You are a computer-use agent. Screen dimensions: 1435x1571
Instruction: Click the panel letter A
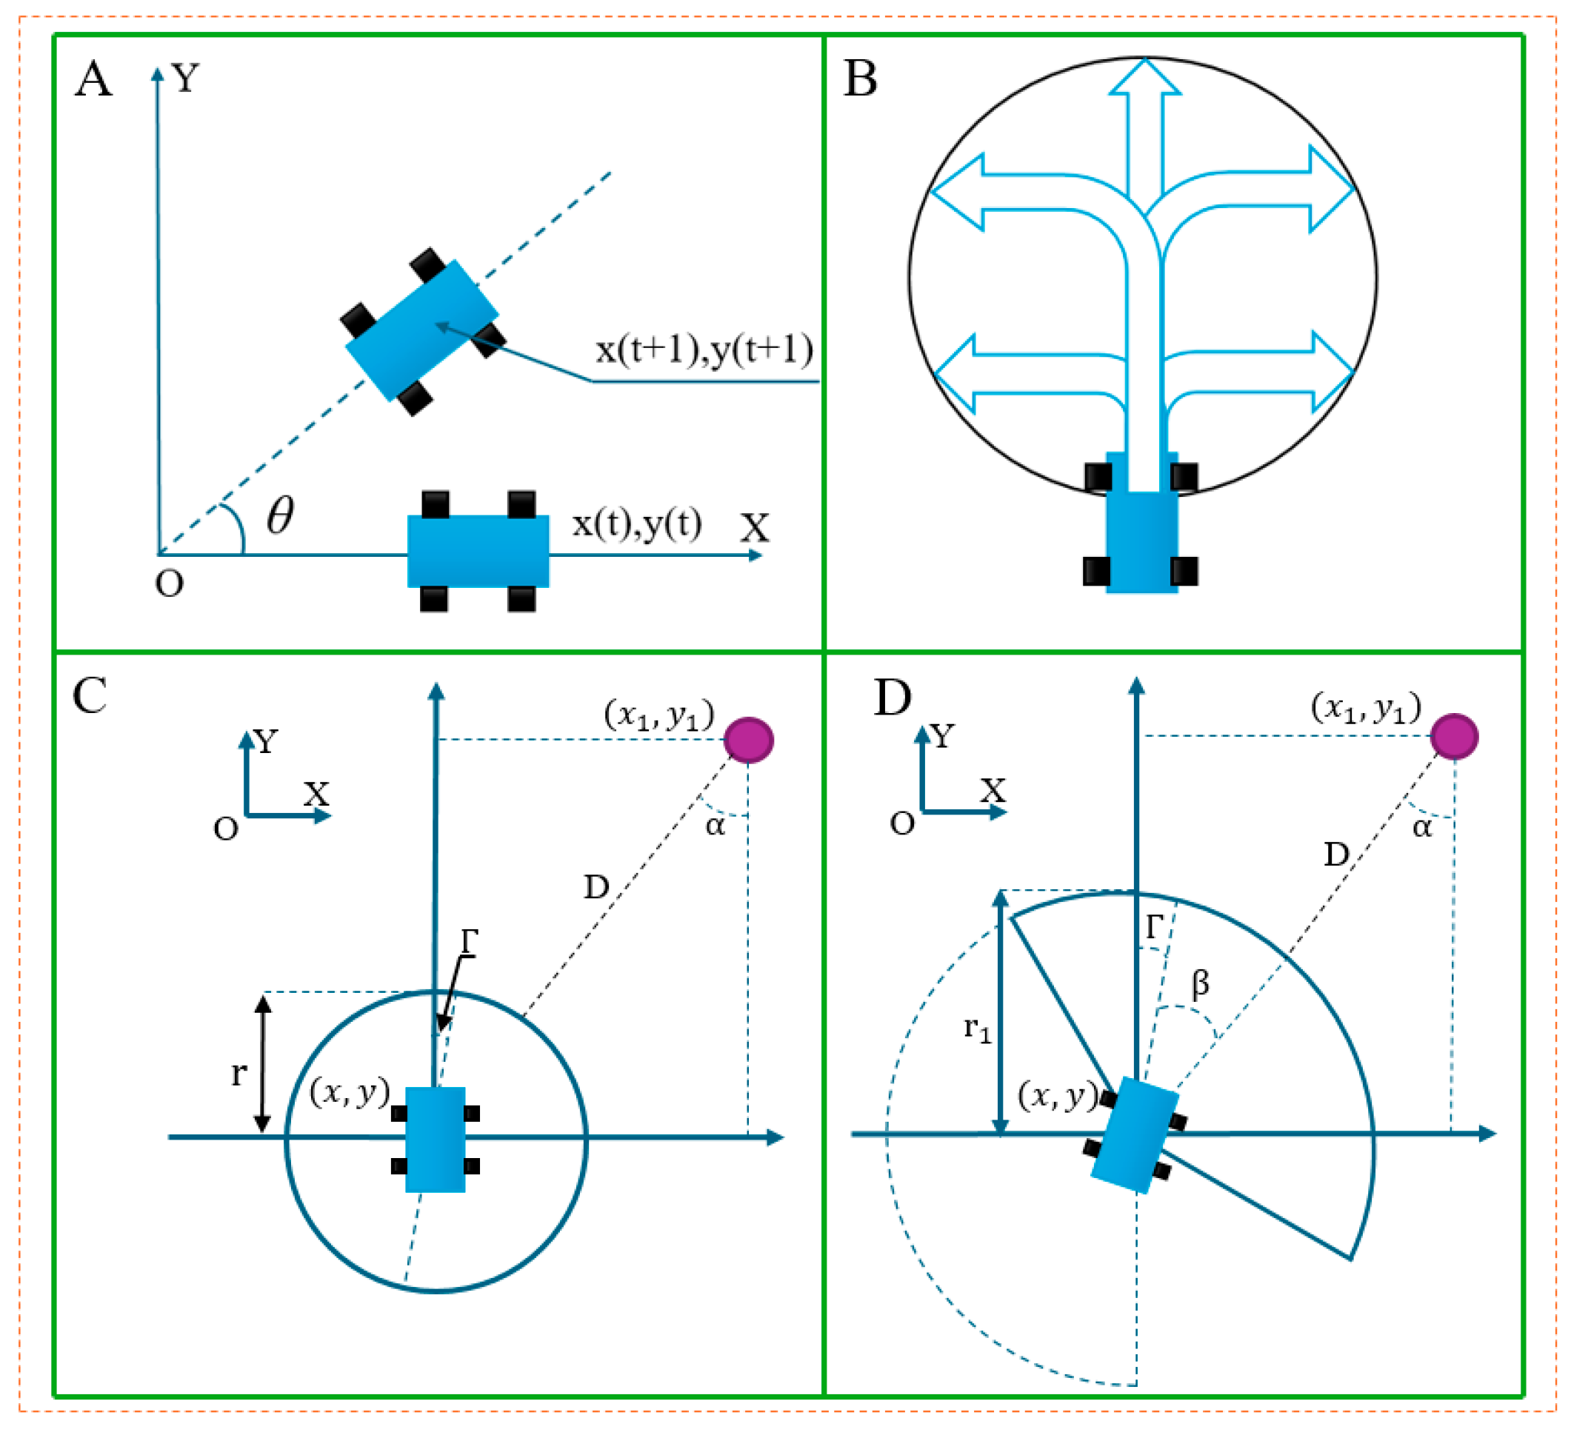point(93,79)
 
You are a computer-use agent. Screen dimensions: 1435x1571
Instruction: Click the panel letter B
point(861,79)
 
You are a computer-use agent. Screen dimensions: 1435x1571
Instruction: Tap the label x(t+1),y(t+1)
point(704,349)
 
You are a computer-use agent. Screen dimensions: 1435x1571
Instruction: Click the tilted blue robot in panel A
point(421,330)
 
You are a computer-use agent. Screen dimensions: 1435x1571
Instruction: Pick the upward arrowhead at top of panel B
point(1145,78)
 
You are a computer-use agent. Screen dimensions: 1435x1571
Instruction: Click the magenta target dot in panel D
point(1454,736)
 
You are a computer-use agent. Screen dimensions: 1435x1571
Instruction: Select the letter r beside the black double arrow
point(239,1074)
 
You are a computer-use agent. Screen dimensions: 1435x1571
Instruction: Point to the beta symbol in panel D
point(1201,983)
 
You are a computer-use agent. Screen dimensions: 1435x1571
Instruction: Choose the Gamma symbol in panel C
point(469,942)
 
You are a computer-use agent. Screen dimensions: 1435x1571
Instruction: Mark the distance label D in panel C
point(596,887)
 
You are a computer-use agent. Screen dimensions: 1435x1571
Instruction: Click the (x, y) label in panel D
point(1058,1096)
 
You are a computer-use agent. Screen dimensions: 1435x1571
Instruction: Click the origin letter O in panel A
point(169,583)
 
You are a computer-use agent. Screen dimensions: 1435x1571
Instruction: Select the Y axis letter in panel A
point(185,78)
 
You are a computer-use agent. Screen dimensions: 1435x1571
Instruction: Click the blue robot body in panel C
point(436,1139)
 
